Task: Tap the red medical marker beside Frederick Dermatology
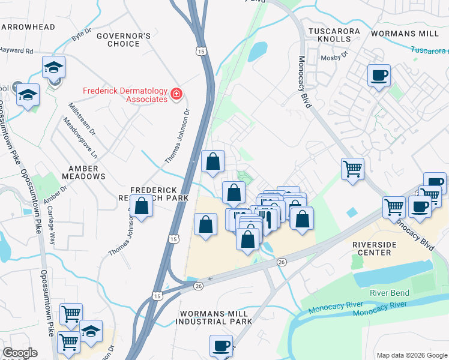pos(177,94)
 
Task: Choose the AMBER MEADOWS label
pos(79,172)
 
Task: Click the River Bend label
pos(390,293)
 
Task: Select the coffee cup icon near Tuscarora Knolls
pos(379,76)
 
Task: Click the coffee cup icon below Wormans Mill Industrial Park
pos(221,346)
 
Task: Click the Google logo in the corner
pos(19,353)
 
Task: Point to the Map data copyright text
pos(411,355)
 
